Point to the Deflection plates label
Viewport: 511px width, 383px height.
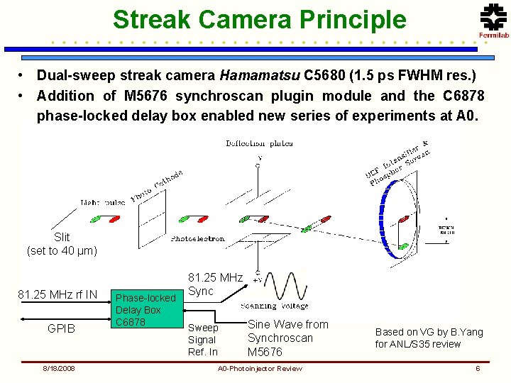coord(259,143)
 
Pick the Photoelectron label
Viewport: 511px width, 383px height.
coord(197,239)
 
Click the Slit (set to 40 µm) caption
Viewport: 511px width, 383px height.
coord(62,244)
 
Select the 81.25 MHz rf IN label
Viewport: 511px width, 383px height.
coord(57,294)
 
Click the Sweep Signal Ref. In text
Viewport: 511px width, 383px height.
coord(203,340)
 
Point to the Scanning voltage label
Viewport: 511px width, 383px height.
coord(274,306)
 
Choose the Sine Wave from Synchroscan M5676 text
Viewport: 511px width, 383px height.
coord(287,338)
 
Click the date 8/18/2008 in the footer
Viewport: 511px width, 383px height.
coord(57,368)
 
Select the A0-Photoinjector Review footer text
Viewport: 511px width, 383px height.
coord(260,368)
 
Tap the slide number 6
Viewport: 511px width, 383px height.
coord(478,368)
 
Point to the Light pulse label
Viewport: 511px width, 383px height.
coord(103,202)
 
